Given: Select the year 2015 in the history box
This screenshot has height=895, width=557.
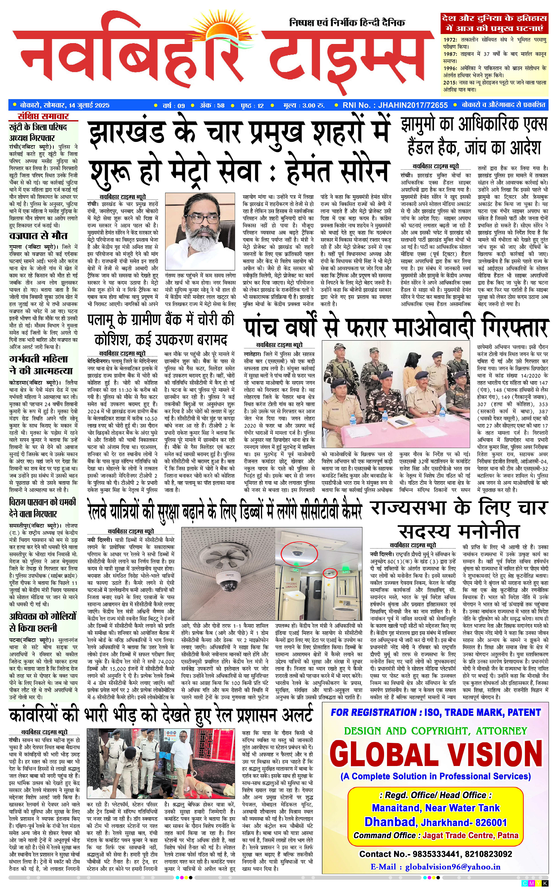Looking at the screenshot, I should [450, 83].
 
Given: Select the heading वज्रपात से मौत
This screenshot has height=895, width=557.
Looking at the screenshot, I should [38, 236].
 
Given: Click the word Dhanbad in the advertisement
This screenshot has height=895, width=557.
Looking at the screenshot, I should [390, 822].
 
